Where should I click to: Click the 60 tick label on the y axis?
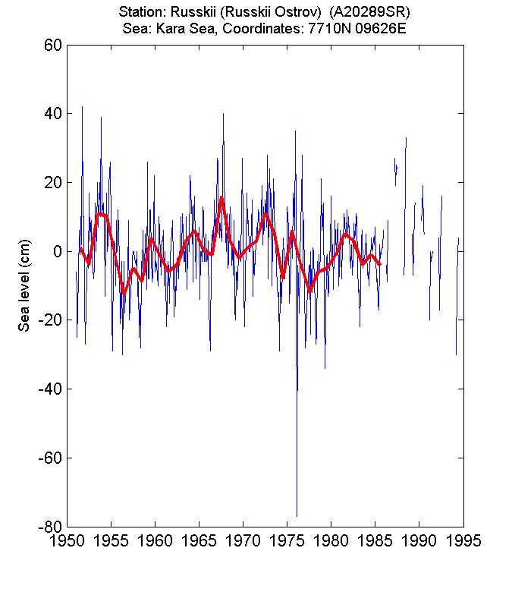pos(52,45)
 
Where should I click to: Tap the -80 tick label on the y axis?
pos(49,527)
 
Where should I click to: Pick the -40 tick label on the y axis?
pos(49,389)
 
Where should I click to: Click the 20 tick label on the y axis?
pos(52,182)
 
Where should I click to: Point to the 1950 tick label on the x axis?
pos(68,541)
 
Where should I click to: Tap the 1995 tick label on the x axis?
pos(463,541)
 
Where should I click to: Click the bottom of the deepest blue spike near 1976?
pos(297,516)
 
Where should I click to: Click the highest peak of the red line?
pos(221,197)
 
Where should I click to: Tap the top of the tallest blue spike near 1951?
pos(82,106)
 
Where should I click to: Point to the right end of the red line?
pos(380,264)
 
